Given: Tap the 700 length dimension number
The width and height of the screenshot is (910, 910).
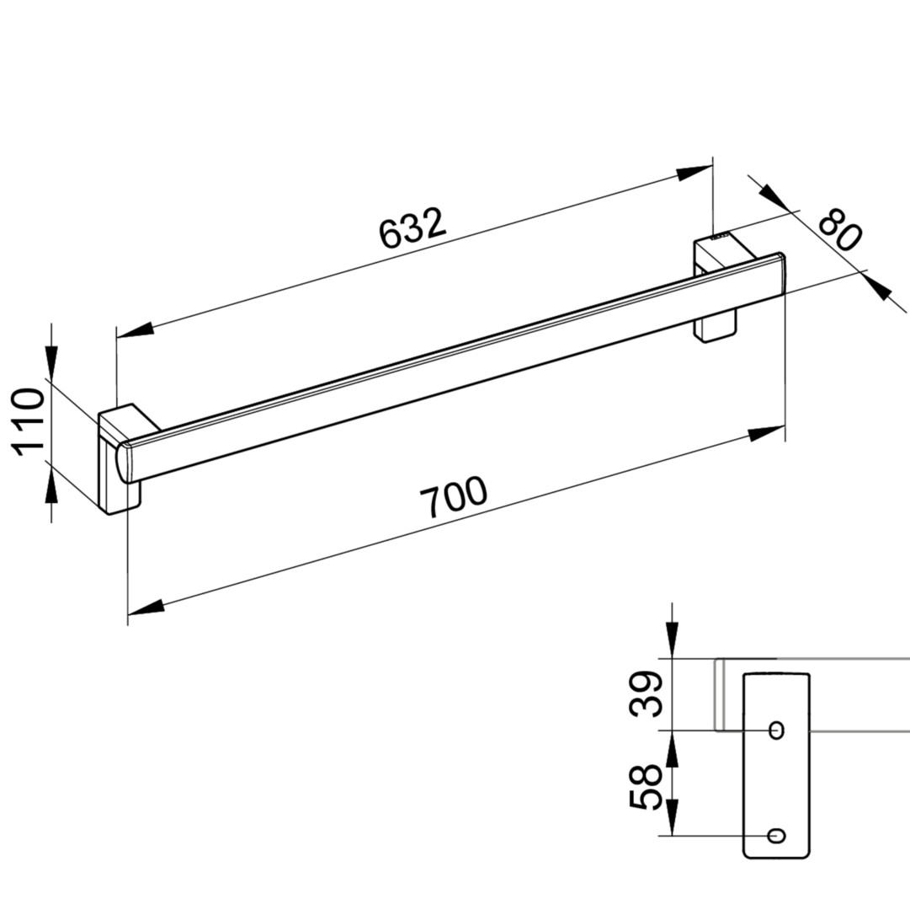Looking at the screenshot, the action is tap(453, 496).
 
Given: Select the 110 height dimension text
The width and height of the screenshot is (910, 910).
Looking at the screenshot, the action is tap(29, 422).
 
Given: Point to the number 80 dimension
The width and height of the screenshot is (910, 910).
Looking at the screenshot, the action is tap(840, 231).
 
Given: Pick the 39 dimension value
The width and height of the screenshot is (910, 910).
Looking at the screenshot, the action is tap(646, 693).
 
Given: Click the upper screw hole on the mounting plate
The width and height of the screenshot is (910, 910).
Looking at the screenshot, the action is tap(776, 730).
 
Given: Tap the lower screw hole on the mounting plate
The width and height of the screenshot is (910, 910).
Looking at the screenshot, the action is tap(776, 836).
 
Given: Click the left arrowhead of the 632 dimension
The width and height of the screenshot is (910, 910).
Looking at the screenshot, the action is tap(136, 329).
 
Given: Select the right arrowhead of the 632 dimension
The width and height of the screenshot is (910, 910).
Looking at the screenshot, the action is tap(694, 173).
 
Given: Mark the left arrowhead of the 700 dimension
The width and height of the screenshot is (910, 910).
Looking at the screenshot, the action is tap(146, 607).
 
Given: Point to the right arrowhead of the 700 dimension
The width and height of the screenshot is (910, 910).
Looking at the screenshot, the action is tap(767, 433).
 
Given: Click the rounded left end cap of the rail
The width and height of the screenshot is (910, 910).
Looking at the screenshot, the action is tap(125, 462).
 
